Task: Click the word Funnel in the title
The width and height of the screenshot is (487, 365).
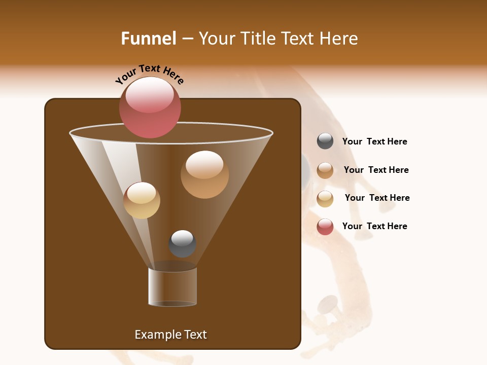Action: pos(149,38)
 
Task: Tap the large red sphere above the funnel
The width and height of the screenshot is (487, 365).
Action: pos(150,107)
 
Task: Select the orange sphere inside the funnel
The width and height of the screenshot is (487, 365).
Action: pos(204,174)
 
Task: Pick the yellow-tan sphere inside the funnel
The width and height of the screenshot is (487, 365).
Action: pos(142,200)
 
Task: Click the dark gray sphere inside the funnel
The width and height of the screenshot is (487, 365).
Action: pos(182,244)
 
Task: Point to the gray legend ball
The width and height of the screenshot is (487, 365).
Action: pos(325,141)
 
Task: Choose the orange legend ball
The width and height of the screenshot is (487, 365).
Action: pos(325,170)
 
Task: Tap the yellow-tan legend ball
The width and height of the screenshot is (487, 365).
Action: pos(325,199)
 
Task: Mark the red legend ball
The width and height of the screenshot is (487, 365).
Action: pos(325,227)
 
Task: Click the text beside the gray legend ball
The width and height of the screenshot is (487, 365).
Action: pos(374,141)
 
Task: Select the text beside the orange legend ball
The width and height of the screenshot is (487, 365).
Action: pos(376,170)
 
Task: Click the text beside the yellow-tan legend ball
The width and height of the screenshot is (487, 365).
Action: pos(377,198)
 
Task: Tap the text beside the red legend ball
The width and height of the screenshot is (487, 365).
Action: pos(374,226)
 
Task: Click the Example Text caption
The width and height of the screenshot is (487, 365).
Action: pos(170,335)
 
